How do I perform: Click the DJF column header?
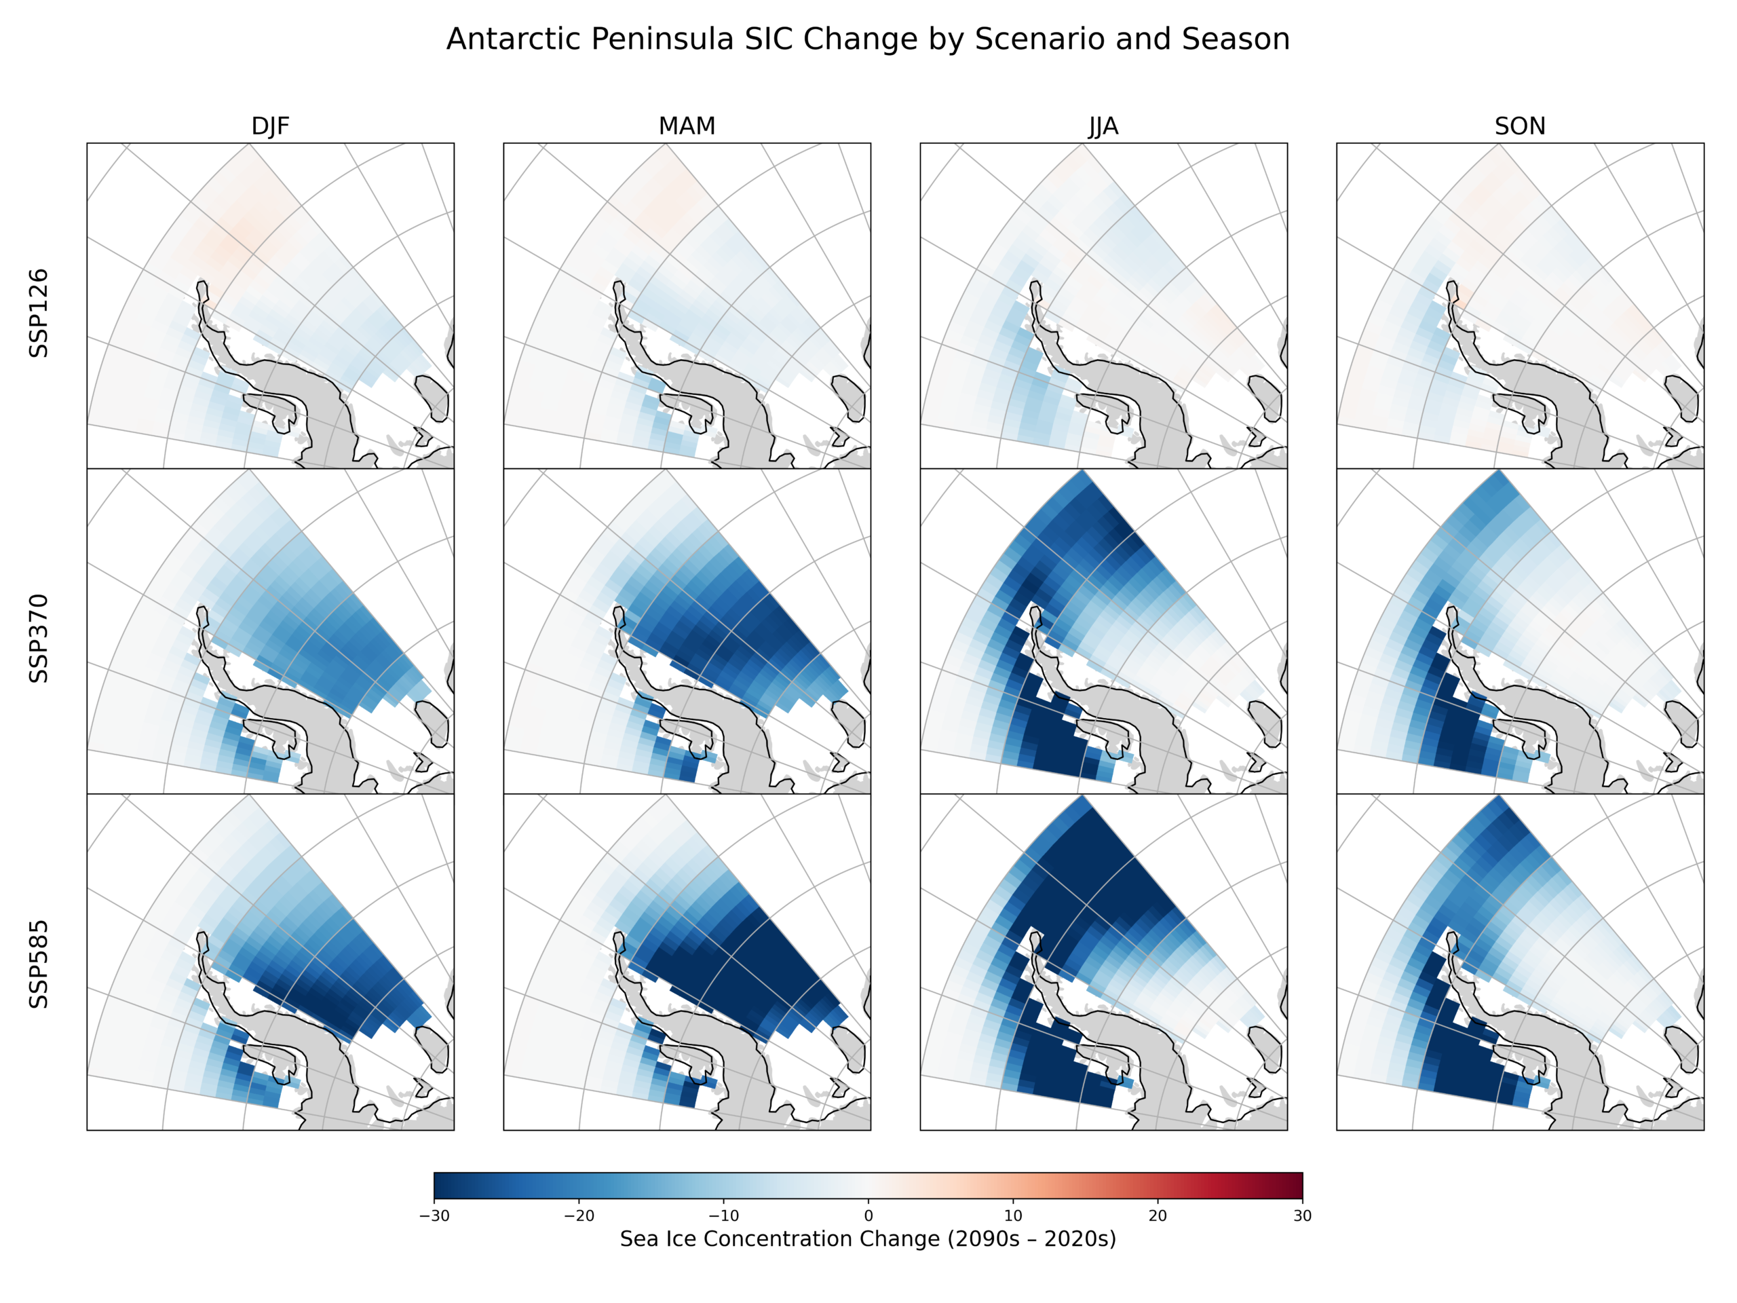click(x=270, y=126)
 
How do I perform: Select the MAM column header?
click(x=687, y=126)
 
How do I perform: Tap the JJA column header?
click(x=1103, y=126)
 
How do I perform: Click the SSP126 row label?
click(x=39, y=313)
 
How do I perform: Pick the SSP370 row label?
click(x=39, y=638)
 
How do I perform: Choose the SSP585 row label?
click(x=39, y=964)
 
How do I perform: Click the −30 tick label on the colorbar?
click(x=434, y=1216)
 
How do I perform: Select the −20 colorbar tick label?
click(x=579, y=1216)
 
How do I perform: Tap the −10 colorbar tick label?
click(x=723, y=1216)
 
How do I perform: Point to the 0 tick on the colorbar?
click(x=868, y=1216)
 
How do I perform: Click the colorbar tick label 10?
click(x=1013, y=1216)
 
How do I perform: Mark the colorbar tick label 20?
click(x=1158, y=1216)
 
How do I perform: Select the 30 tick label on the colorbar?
click(x=1302, y=1216)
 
